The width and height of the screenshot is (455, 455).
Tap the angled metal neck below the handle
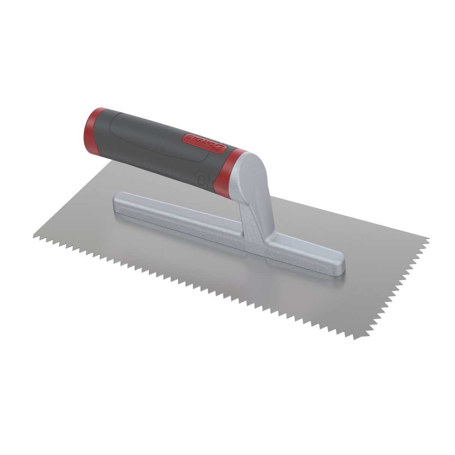262,216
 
